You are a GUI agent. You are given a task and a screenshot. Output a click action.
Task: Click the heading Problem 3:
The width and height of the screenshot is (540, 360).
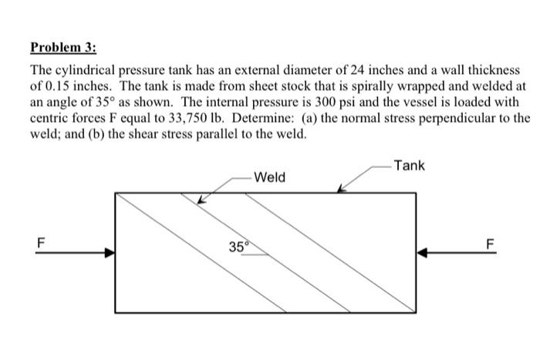pyautogui.click(x=63, y=47)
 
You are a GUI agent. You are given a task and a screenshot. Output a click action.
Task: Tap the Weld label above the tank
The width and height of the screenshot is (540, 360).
pyautogui.click(x=269, y=177)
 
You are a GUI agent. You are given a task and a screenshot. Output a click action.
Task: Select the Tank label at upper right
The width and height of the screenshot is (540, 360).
pyautogui.click(x=408, y=166)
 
